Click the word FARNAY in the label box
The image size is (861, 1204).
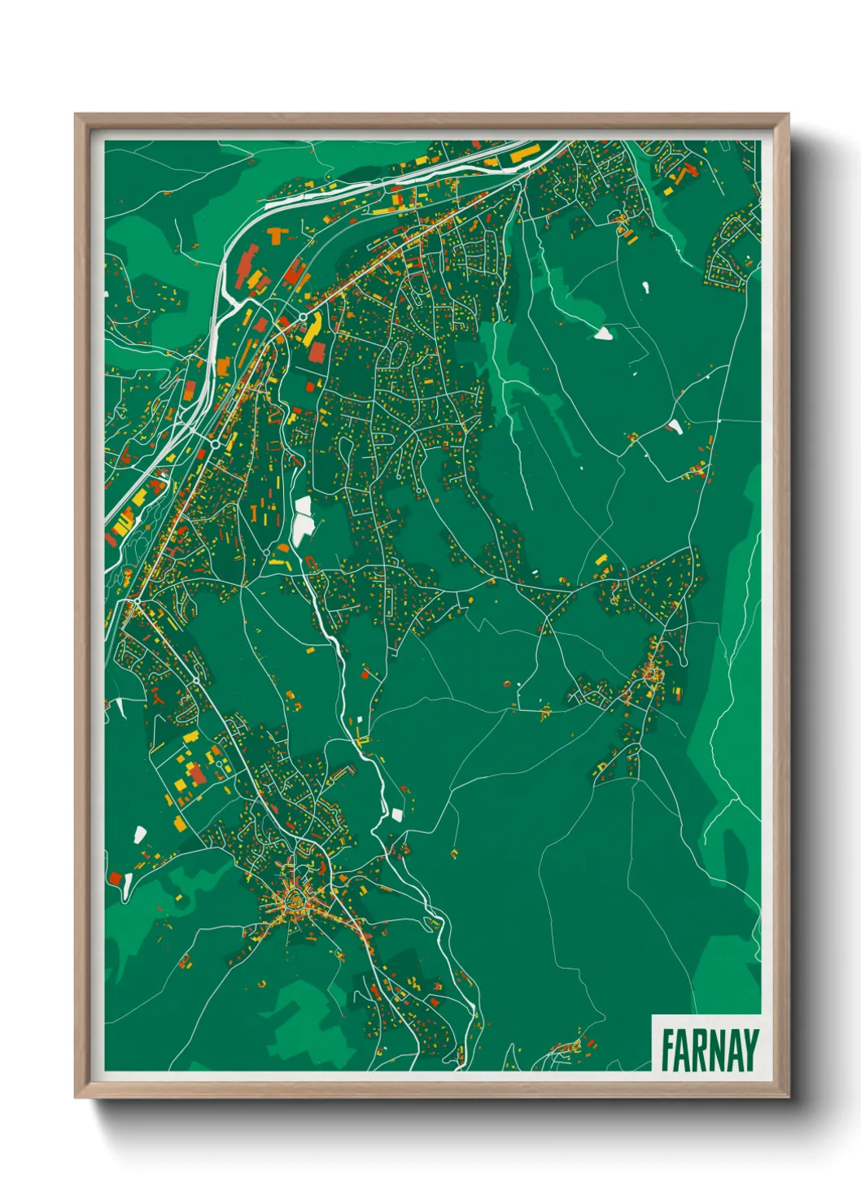[709, 1049]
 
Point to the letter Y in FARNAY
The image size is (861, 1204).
[750, 1049]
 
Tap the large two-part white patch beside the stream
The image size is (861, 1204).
[303, 521]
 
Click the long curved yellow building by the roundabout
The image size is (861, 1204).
[312, 329]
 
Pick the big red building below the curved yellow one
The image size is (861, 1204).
[317, 351]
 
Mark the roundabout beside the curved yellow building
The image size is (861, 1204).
[303, 316]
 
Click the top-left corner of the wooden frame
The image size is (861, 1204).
[76, 116]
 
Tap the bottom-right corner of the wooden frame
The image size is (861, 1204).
[787, 1096]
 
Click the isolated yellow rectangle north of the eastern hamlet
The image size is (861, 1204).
[601, 559]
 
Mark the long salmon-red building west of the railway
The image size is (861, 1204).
[247, 266]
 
